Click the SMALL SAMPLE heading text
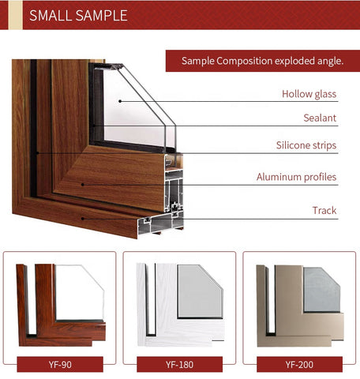tap(78, 15)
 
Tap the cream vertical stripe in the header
tap(16, 15)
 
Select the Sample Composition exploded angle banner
tap(263, 61)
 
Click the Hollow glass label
tap(309, 94)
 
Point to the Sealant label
tap(320, 118)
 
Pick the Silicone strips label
tap(306, 145)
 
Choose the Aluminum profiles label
tap(296, 177)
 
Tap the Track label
tap(324, 210)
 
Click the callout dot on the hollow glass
tap(120, 101)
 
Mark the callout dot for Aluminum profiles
tap(83, 185)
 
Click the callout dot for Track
tap(83, 219)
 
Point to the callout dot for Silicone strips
tap(38, 153)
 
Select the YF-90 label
tap(60, 365)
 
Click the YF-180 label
tap(180, 365)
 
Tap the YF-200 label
tap(299, 365)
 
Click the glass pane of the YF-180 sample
tap(200, 291)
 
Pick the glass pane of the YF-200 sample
tap(321, 290)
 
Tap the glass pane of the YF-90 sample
tap(80, 292)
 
